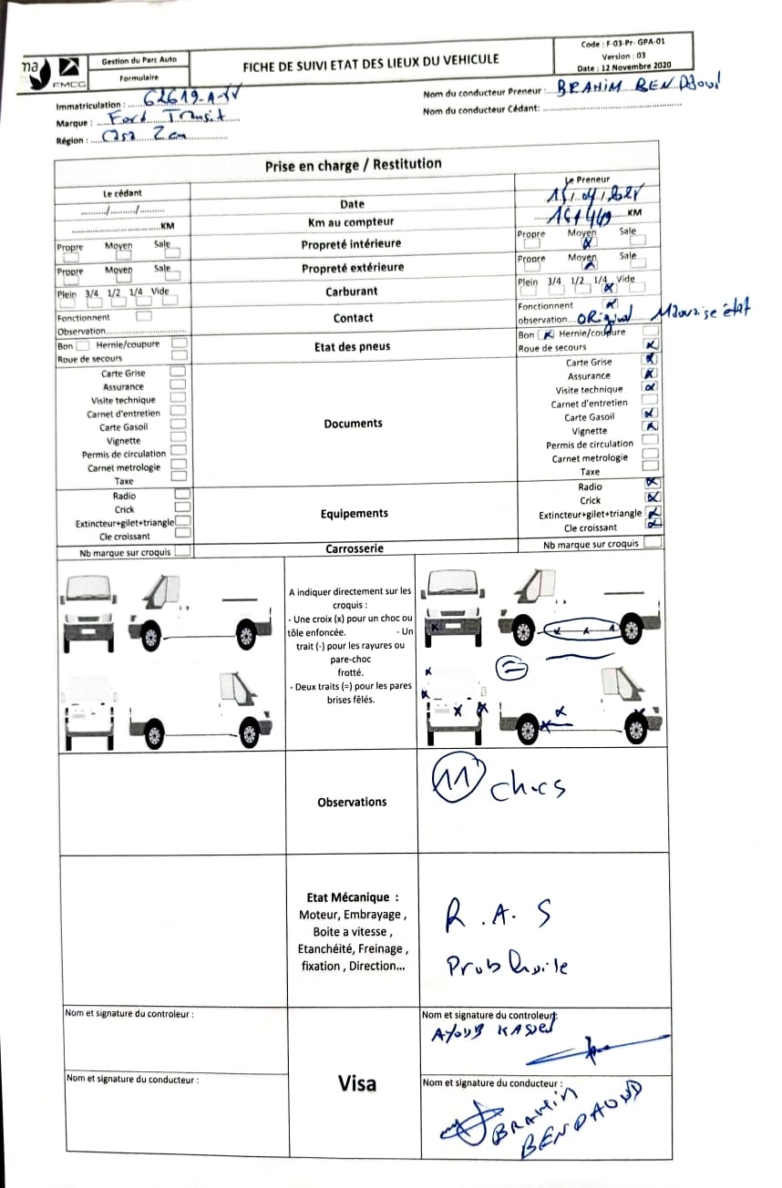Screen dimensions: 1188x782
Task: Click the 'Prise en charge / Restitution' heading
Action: click(353, 165)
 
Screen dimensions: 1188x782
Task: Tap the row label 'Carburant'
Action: click(351, 292)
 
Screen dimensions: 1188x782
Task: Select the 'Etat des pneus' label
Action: click(352, 347)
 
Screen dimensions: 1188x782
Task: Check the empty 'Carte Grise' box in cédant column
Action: click(179, 372)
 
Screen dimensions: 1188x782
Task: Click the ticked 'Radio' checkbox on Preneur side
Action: click(652, 484)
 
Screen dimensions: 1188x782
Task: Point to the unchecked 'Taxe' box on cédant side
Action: click(179, 476)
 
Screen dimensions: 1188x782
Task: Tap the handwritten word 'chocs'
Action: click(527, 788)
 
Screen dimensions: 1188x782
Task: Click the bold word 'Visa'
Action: click(356, 1083)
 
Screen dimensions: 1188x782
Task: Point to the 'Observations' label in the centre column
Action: click(352, 802)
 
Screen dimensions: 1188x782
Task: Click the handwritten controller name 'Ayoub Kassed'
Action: click(491, 1030)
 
